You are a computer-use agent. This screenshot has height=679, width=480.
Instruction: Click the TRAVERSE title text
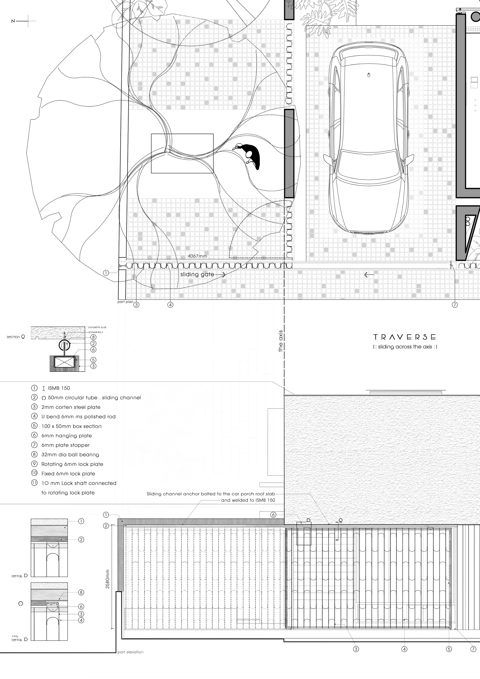[404, 337]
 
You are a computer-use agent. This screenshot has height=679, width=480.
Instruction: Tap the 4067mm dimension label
[197, 256]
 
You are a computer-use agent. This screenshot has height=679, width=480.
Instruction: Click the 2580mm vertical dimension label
[108, 579]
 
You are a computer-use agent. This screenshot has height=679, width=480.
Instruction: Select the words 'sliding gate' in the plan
[197, 274]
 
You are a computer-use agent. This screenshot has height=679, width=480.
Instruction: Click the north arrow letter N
[13, 21]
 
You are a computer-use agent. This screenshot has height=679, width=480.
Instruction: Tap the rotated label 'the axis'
[281, 341]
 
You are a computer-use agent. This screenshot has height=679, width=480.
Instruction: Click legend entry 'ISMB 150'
[59, 388]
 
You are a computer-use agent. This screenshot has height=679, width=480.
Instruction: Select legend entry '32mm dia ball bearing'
[70, 455]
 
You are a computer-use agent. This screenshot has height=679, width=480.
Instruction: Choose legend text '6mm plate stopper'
[65, 445]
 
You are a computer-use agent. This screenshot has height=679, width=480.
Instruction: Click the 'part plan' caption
[125, 302]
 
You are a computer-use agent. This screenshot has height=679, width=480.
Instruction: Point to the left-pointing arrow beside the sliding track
[369, 275]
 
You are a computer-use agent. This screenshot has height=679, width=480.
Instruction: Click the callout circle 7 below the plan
[455, 305]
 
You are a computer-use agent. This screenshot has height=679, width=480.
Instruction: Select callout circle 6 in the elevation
[273, 515]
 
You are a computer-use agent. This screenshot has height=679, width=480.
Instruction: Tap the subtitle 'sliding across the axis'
[405, 347]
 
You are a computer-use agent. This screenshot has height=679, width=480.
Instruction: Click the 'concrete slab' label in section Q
[97, 327]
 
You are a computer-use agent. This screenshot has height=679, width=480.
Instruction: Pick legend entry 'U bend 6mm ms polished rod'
[78, 417]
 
